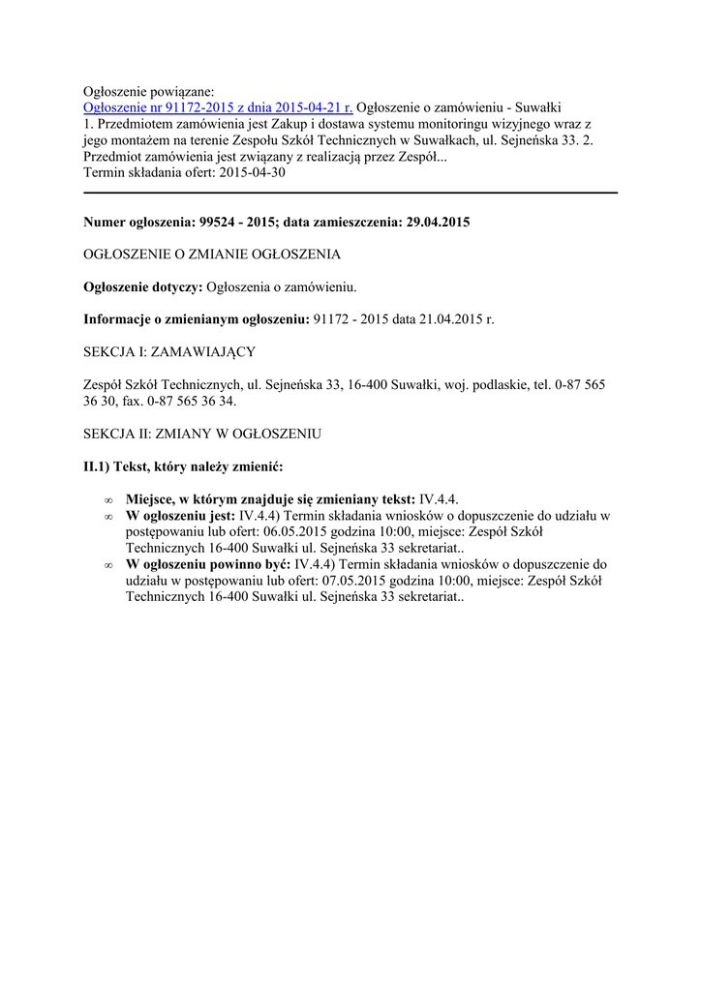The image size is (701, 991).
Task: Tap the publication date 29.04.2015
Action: click(434, 223)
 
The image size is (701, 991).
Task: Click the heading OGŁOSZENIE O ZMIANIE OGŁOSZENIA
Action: click(212, 255)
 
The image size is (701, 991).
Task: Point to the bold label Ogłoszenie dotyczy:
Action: click(143, 286)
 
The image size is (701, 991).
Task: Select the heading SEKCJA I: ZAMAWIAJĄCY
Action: click(169, 350)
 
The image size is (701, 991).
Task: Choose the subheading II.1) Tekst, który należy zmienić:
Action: click(183, 466)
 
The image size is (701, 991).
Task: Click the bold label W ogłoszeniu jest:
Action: click(181, 516)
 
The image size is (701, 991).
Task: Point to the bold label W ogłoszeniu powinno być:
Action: click(209, 564)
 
